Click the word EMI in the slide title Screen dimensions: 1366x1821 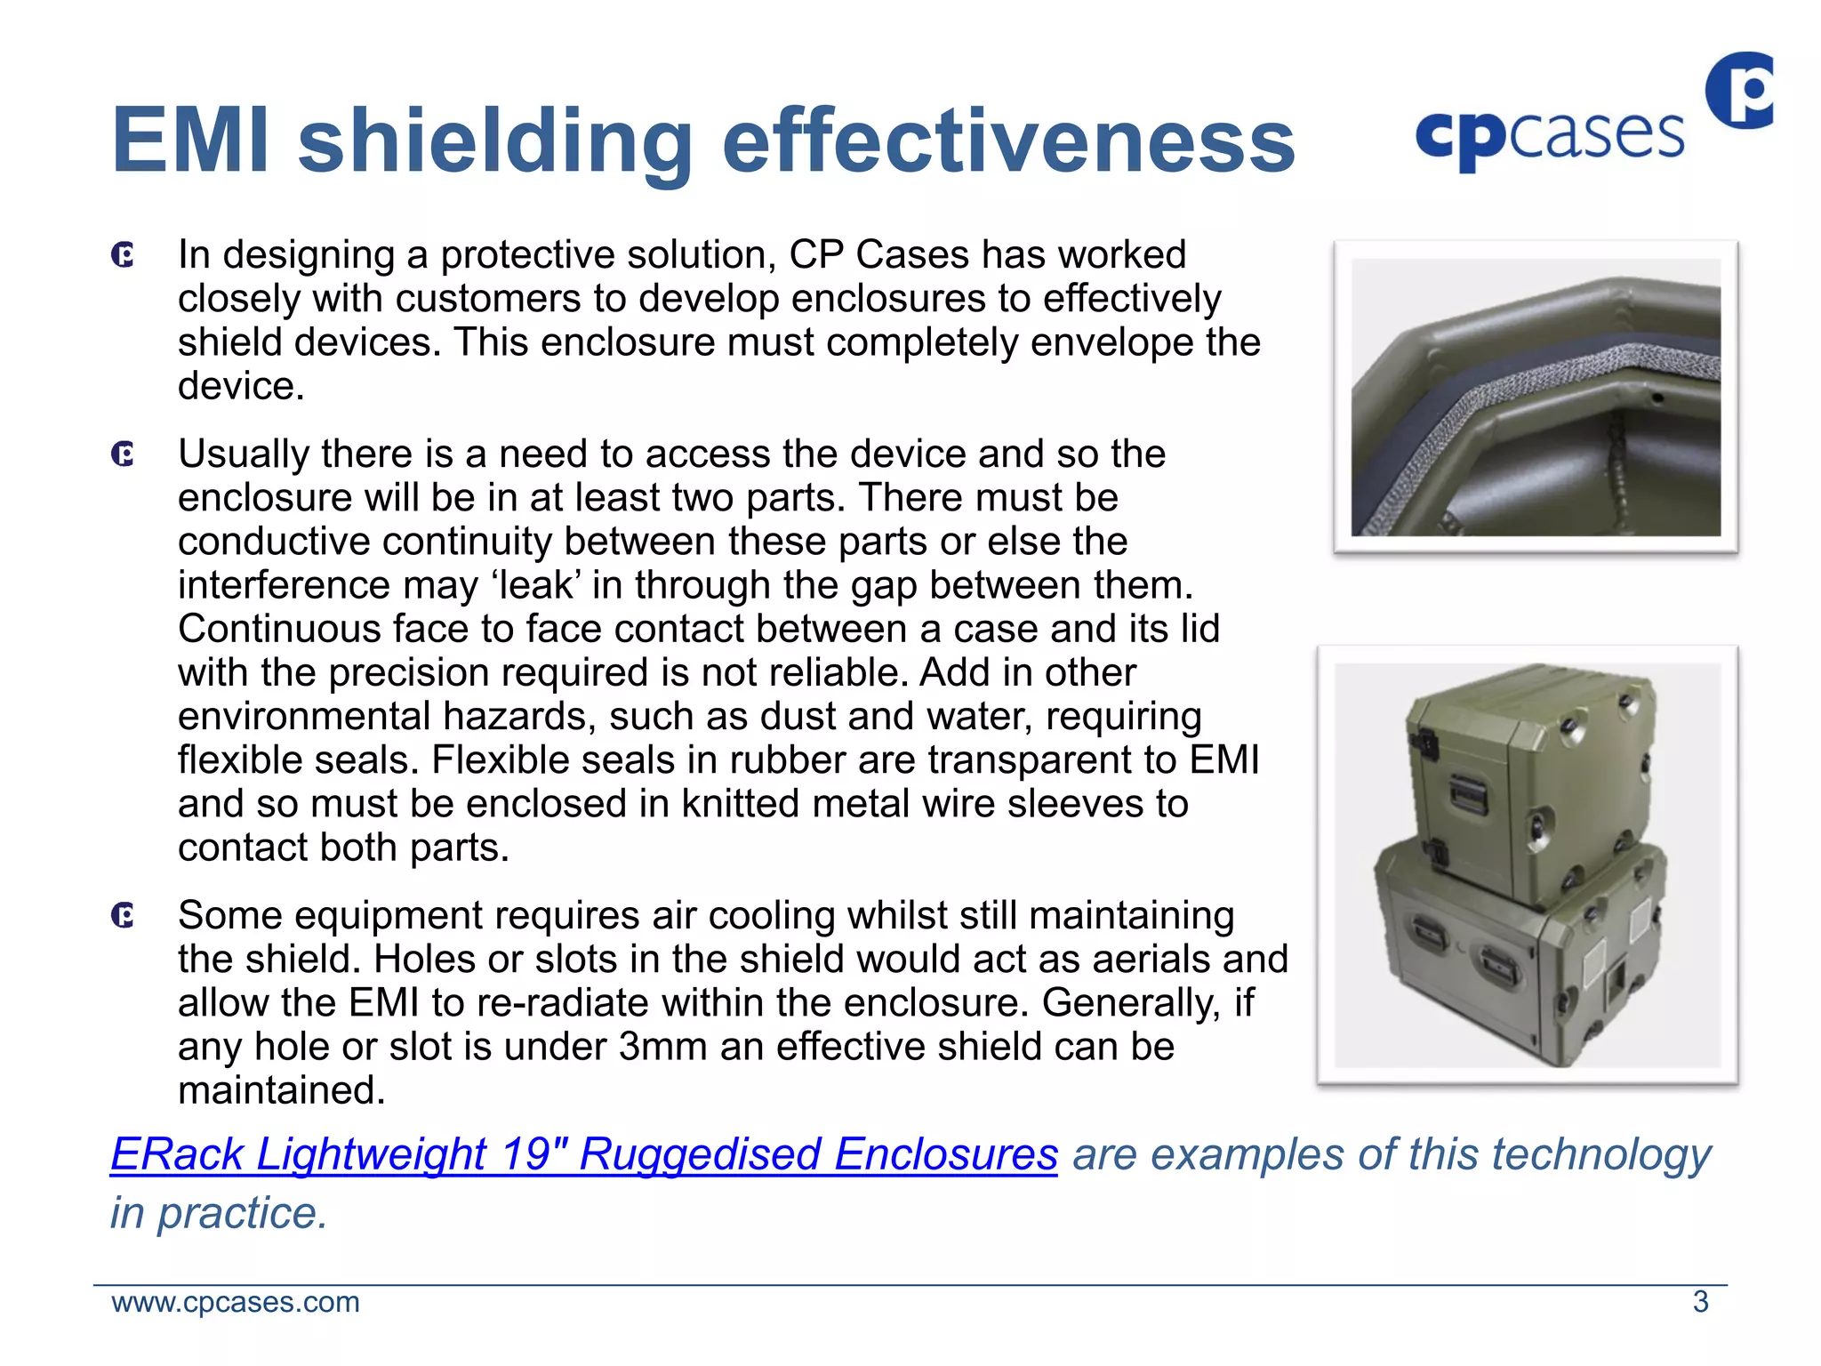pos(190,141)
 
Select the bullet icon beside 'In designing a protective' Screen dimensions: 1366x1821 pos(124,256)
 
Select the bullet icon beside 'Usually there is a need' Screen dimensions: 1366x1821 pos(124,455)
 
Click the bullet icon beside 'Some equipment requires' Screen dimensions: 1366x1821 pos(124,916)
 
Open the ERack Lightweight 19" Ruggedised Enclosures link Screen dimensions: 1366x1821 pos(583,1154)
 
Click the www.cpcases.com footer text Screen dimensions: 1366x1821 pos(236,1302)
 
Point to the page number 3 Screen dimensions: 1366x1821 pos(1700,1302)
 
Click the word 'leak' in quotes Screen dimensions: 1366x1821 pos(536,585)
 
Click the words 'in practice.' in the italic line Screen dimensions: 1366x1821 pos(219,1213)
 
